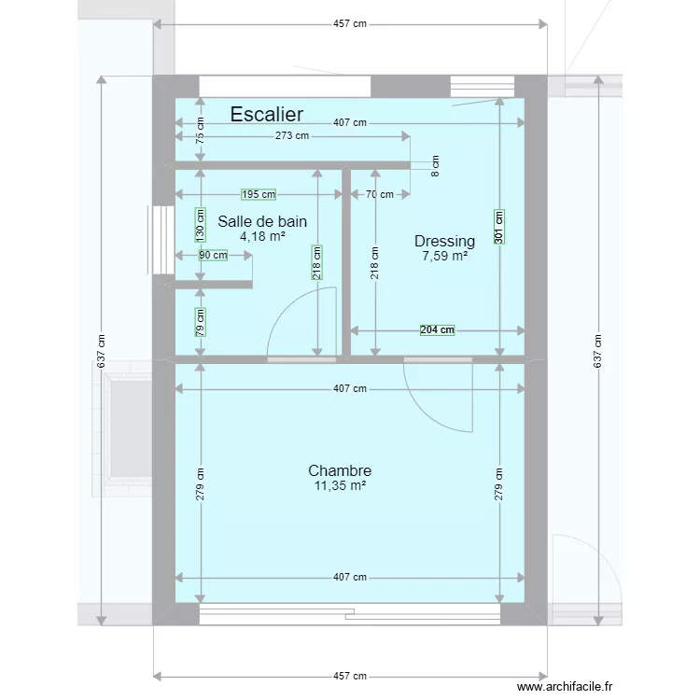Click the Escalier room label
click(x=266, y=114)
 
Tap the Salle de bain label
click(x=262, y=221)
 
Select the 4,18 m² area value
click(x=262, y=237)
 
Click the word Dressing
click(x=444, y=241)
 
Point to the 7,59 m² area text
click(x=444, y=256)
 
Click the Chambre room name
click(x=340, y=470)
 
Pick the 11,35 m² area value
click(x=340, y=485)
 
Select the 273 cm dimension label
click(x=291, y=136)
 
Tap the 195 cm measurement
click(x=259, y=194)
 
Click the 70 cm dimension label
click(x=379, y=194)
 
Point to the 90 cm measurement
click(x=212, y=255)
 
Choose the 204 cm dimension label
click(x=437, y=329)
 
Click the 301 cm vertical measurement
click(x=499, y=225)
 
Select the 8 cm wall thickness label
click(x=435, y=166)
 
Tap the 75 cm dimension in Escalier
click(x=200, y=132)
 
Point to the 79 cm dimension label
click(x=200, y=321)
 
